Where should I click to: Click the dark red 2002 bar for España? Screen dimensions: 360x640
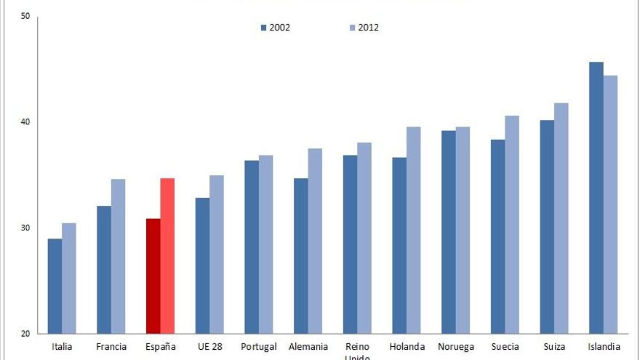click(153, 276)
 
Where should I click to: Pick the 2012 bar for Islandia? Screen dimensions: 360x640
click(609, 204)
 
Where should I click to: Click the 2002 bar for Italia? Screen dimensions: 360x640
click(55, 287)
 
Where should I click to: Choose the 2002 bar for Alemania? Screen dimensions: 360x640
click(300, 256)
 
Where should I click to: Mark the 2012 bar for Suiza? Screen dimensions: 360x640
click(561, 218)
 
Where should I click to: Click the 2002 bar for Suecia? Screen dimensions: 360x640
click(497, 236)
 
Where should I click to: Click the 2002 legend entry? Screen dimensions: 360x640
click(276, 28)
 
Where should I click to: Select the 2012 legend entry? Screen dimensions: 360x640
click(364, 28)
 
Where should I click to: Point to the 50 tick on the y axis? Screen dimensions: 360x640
click(25, 16)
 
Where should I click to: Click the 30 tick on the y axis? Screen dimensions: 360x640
click(25, 228)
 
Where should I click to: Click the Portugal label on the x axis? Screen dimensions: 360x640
click(259, 347)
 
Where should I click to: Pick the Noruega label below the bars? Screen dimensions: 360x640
click(455, 347)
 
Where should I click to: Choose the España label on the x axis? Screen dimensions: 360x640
click(161, 347)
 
